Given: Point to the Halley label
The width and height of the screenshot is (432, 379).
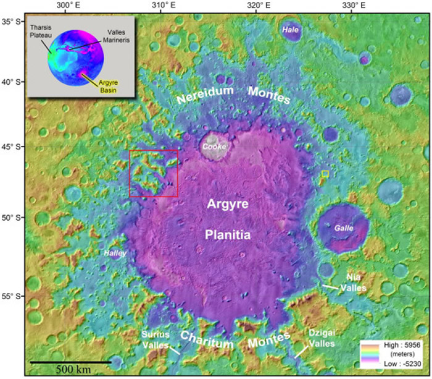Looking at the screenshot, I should (115, 253).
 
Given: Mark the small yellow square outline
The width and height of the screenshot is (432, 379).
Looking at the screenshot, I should (325, 174).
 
